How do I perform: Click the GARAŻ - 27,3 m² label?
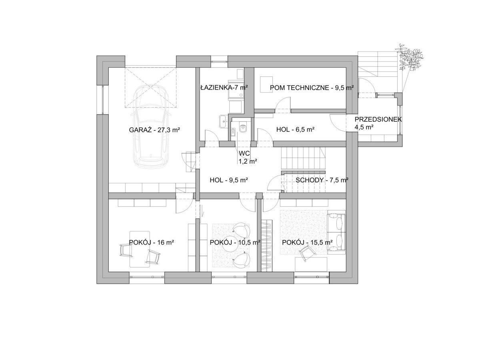point(154,130)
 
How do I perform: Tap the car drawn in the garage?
point(151,127)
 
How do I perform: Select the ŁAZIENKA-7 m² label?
point(224,88)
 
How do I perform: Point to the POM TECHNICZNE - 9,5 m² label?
point(312,88)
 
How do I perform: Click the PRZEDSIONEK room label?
point(378,119)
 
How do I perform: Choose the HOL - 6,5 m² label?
point(295,130)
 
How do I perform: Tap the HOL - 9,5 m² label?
point(228,180)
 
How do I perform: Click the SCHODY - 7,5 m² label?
point(322,180)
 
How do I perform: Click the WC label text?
point(244,153)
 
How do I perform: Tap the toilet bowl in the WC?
point(242,127)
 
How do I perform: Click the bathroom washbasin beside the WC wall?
point(223,121)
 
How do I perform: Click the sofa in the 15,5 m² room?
point(336,234)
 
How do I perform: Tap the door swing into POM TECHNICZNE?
point(283,105)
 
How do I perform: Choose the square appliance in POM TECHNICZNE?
point(266,84)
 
